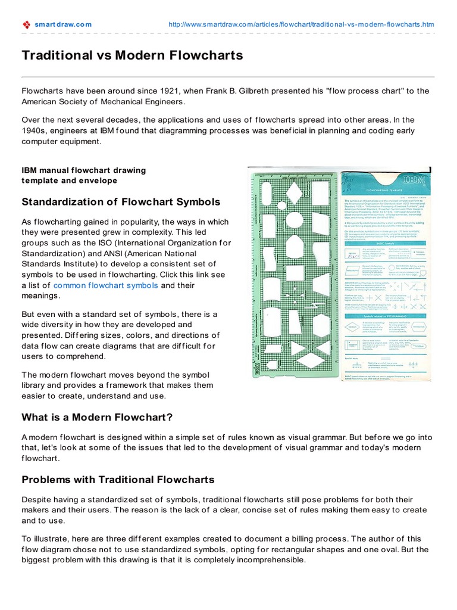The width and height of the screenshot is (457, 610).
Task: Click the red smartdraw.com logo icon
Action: click(26, 24)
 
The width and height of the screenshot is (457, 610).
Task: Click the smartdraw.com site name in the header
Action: click(63, 24)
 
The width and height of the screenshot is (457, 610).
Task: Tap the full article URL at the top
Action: click(301, 24)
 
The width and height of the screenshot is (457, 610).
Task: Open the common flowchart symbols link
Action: click(106, 285)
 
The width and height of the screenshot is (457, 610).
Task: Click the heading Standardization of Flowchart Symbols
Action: click(121, 202)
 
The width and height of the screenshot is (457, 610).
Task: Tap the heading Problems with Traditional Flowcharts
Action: click(118, 480)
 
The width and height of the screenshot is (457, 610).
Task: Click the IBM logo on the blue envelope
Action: click(411, 180)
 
